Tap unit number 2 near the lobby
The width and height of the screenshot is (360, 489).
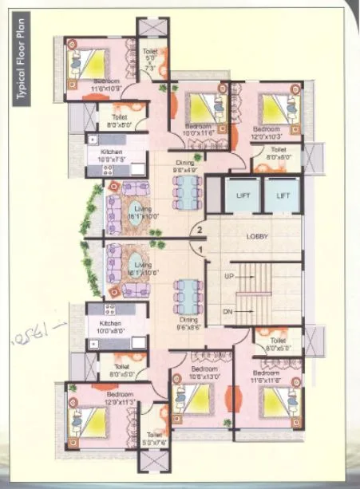(202, 232)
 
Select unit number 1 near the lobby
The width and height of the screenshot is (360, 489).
(202, 250)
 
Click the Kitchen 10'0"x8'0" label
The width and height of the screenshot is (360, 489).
(113, 328)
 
